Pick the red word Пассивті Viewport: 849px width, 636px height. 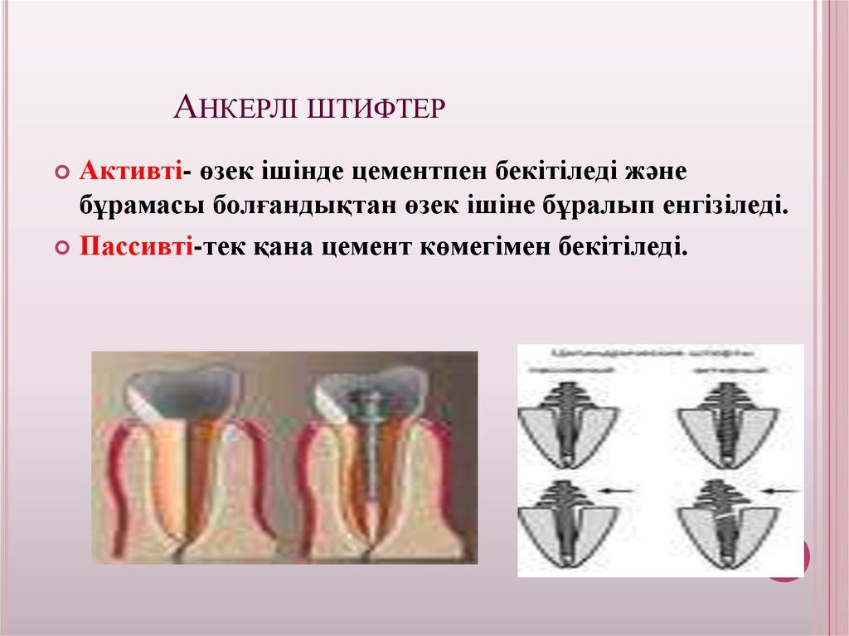137,246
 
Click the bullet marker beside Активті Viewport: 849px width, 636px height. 62,172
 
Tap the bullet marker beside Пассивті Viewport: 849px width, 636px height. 62,248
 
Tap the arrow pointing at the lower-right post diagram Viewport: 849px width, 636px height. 780,492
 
